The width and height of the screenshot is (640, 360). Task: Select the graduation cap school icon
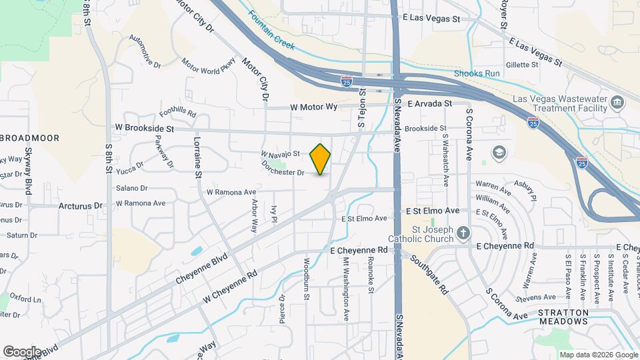(x=498, y=153)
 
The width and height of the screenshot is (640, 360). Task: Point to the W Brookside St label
(x=144, y=127)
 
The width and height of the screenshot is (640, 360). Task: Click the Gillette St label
(x=521, y=65)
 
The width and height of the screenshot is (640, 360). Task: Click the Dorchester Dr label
(x=283, y=168)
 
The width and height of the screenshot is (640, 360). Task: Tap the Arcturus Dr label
(x=80, y=206)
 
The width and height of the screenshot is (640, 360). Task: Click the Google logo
(x=21, y=351)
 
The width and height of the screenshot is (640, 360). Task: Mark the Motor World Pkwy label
(x=209, y=69)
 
